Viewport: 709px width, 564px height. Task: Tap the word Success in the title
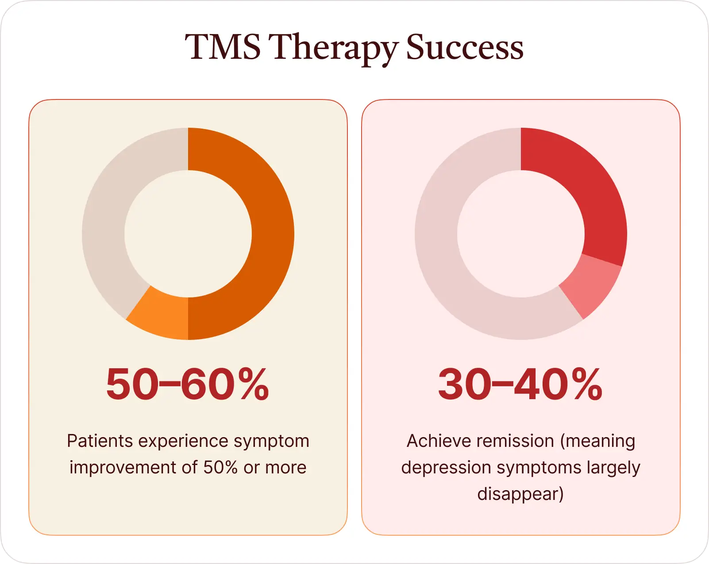[465, 47]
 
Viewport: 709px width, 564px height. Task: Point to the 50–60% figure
[188, 384]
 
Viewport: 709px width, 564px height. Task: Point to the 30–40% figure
[520, 384]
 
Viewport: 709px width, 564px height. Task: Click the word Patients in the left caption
[100, 441]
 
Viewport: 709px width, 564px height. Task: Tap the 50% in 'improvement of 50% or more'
[220, 468]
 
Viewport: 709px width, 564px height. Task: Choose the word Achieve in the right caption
[434, 441]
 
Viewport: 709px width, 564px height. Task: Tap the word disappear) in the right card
[520, 494]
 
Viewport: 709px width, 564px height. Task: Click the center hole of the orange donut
[188, 234]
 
